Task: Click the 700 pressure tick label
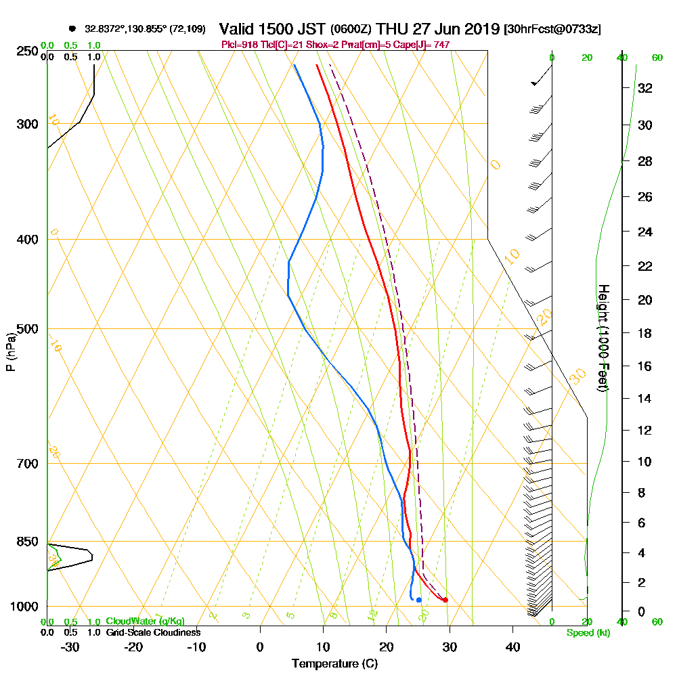[28, 464]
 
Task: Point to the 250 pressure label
[28, 51]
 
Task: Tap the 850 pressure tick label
[28, 542]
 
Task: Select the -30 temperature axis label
[70, 647]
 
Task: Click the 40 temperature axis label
[512, 647]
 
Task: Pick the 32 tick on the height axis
[645, 88]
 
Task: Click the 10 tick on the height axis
[645, 462]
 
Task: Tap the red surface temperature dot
[445, 600]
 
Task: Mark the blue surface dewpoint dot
[419, 600]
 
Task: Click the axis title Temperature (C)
[334, 664]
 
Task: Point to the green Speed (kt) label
[587, 633]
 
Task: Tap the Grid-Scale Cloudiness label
[152, 632]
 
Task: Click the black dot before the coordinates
[72, 29]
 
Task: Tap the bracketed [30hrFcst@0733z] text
[552, 30]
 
